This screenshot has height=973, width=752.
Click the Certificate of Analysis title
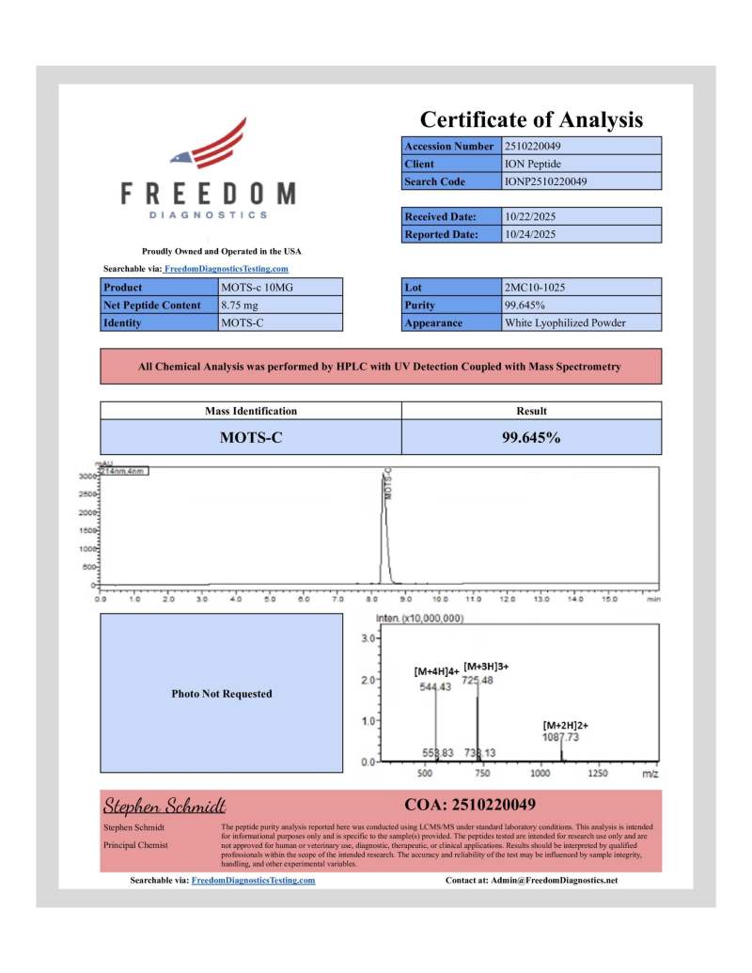point(531,119)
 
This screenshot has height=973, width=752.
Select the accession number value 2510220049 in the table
point(533,146)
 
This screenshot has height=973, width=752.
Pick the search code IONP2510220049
point(544,181)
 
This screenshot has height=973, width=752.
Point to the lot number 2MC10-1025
point(535,287)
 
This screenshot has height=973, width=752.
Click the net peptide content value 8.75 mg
point(241,305)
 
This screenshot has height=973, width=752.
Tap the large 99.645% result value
point(531,436)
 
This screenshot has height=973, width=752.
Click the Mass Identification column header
point(251,411)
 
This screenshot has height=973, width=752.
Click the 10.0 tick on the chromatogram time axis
point(439,598)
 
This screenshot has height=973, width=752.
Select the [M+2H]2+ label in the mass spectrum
point(566,725)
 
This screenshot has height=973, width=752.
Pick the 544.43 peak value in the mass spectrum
point(435,687)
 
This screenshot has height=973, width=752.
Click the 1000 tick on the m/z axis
point(540,773)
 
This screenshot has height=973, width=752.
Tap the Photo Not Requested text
point(222,694)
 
